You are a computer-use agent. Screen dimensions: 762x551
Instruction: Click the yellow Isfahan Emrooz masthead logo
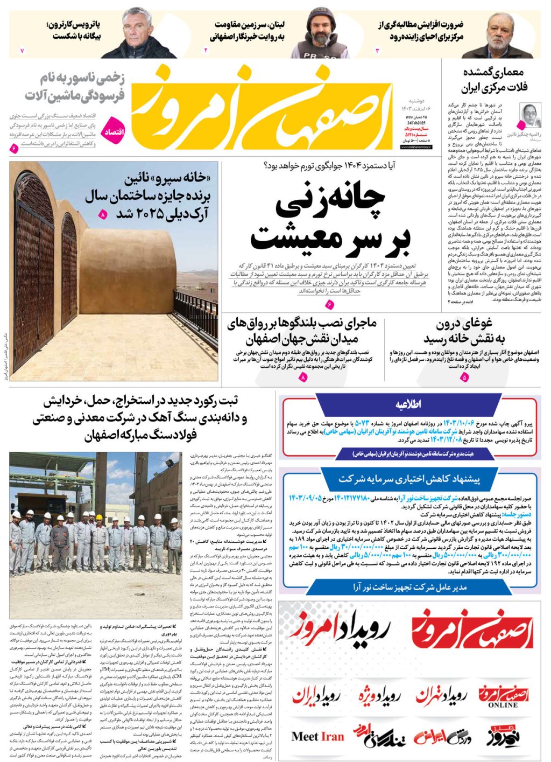point(264,108)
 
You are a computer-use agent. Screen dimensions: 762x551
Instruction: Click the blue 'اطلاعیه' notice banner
point(408,405)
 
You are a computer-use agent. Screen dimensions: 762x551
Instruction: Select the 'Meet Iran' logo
point(317,736)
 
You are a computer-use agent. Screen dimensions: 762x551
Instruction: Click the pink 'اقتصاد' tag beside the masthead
point(114,131)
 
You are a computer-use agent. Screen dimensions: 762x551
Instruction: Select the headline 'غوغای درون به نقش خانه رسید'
point(464,331)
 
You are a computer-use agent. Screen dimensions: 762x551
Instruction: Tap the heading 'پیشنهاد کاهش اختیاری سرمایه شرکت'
point(409,479)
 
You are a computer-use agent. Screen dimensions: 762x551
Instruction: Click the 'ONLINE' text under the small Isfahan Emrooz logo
point(503,705)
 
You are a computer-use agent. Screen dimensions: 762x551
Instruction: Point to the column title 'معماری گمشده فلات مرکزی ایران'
point(494,79)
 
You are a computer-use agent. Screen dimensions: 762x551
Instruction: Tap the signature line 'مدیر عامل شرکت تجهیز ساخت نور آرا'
point(409,588)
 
